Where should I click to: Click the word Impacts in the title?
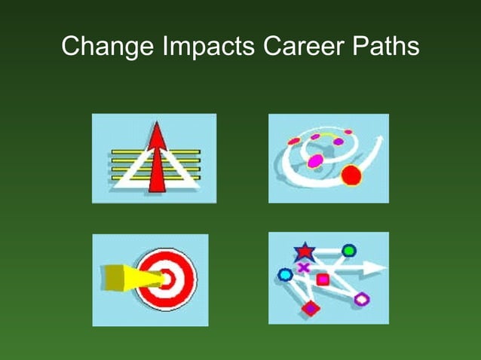pyautogui.click(x=204, y=47)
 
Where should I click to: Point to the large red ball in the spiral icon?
pyautogui.click(x=351, y=176)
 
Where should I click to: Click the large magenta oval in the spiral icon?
pyautogui.click(x=315, y=160)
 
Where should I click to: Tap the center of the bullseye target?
pyautogui.click(x=169, y=279)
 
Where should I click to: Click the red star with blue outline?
pyautogui.click(x=304, y=250)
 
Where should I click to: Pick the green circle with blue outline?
pyautogui.click(x=349, y=250)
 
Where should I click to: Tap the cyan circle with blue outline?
pyautogui.click(x=285, y=275)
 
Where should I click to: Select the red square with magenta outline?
pyautogui.click(x=323, y=279)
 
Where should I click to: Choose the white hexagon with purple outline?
pyautogui.click(x=362, y=299)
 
